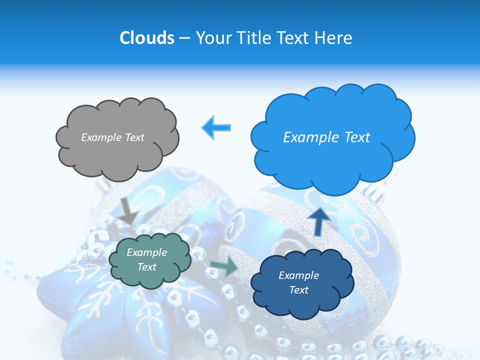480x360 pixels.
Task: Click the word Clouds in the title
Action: [146, 38]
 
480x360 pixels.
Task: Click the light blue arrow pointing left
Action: [216, 127]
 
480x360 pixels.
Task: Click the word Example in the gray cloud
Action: [101, 137]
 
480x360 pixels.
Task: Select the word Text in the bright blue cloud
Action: [353, 137]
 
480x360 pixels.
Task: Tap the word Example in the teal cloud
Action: [147, 252]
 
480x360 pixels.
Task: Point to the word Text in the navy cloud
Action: [298, 290]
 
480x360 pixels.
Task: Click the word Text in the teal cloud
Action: [147, 267]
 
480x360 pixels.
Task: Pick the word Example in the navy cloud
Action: [298, 275]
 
